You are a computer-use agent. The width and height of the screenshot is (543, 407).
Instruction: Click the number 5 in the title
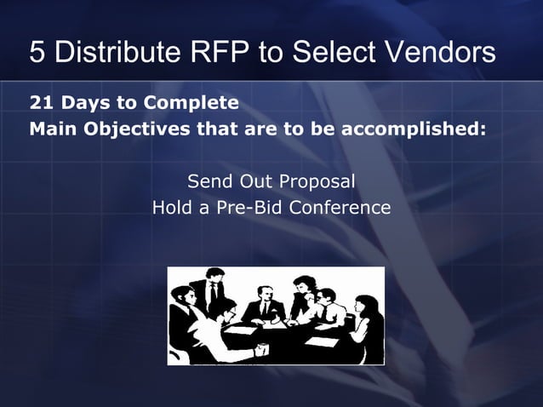click(x=38, y=53)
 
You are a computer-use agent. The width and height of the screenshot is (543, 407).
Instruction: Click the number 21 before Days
click(x=40, y=104)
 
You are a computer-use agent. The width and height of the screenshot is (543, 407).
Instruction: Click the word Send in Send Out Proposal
click(x=207, y=181)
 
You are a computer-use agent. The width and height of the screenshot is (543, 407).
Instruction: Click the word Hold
click(x=172, y=207)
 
